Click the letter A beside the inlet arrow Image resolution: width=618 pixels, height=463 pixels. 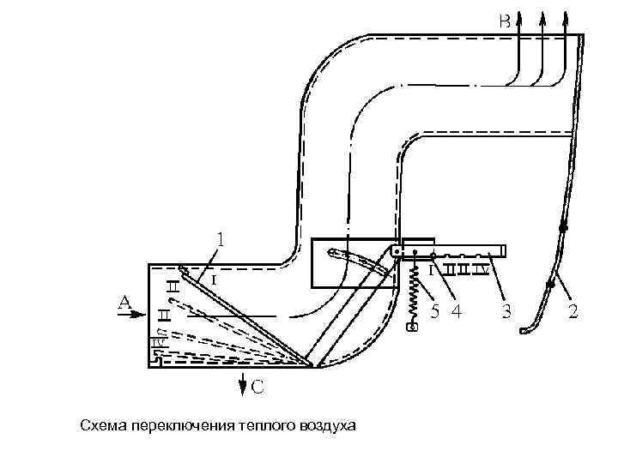(x=124, y=303)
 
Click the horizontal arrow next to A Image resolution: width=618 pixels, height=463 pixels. (x=137, y=315)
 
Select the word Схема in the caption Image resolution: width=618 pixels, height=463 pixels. (x=101, y=425)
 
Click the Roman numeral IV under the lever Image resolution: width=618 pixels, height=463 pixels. (x=482, y=270)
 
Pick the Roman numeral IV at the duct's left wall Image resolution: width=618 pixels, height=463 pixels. (x=158, y=343)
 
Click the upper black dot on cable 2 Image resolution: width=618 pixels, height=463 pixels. (x=563, y=229)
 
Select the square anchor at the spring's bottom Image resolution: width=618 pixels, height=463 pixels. (x=413, y=327)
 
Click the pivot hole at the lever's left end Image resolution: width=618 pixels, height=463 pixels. (x=397, y=252)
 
